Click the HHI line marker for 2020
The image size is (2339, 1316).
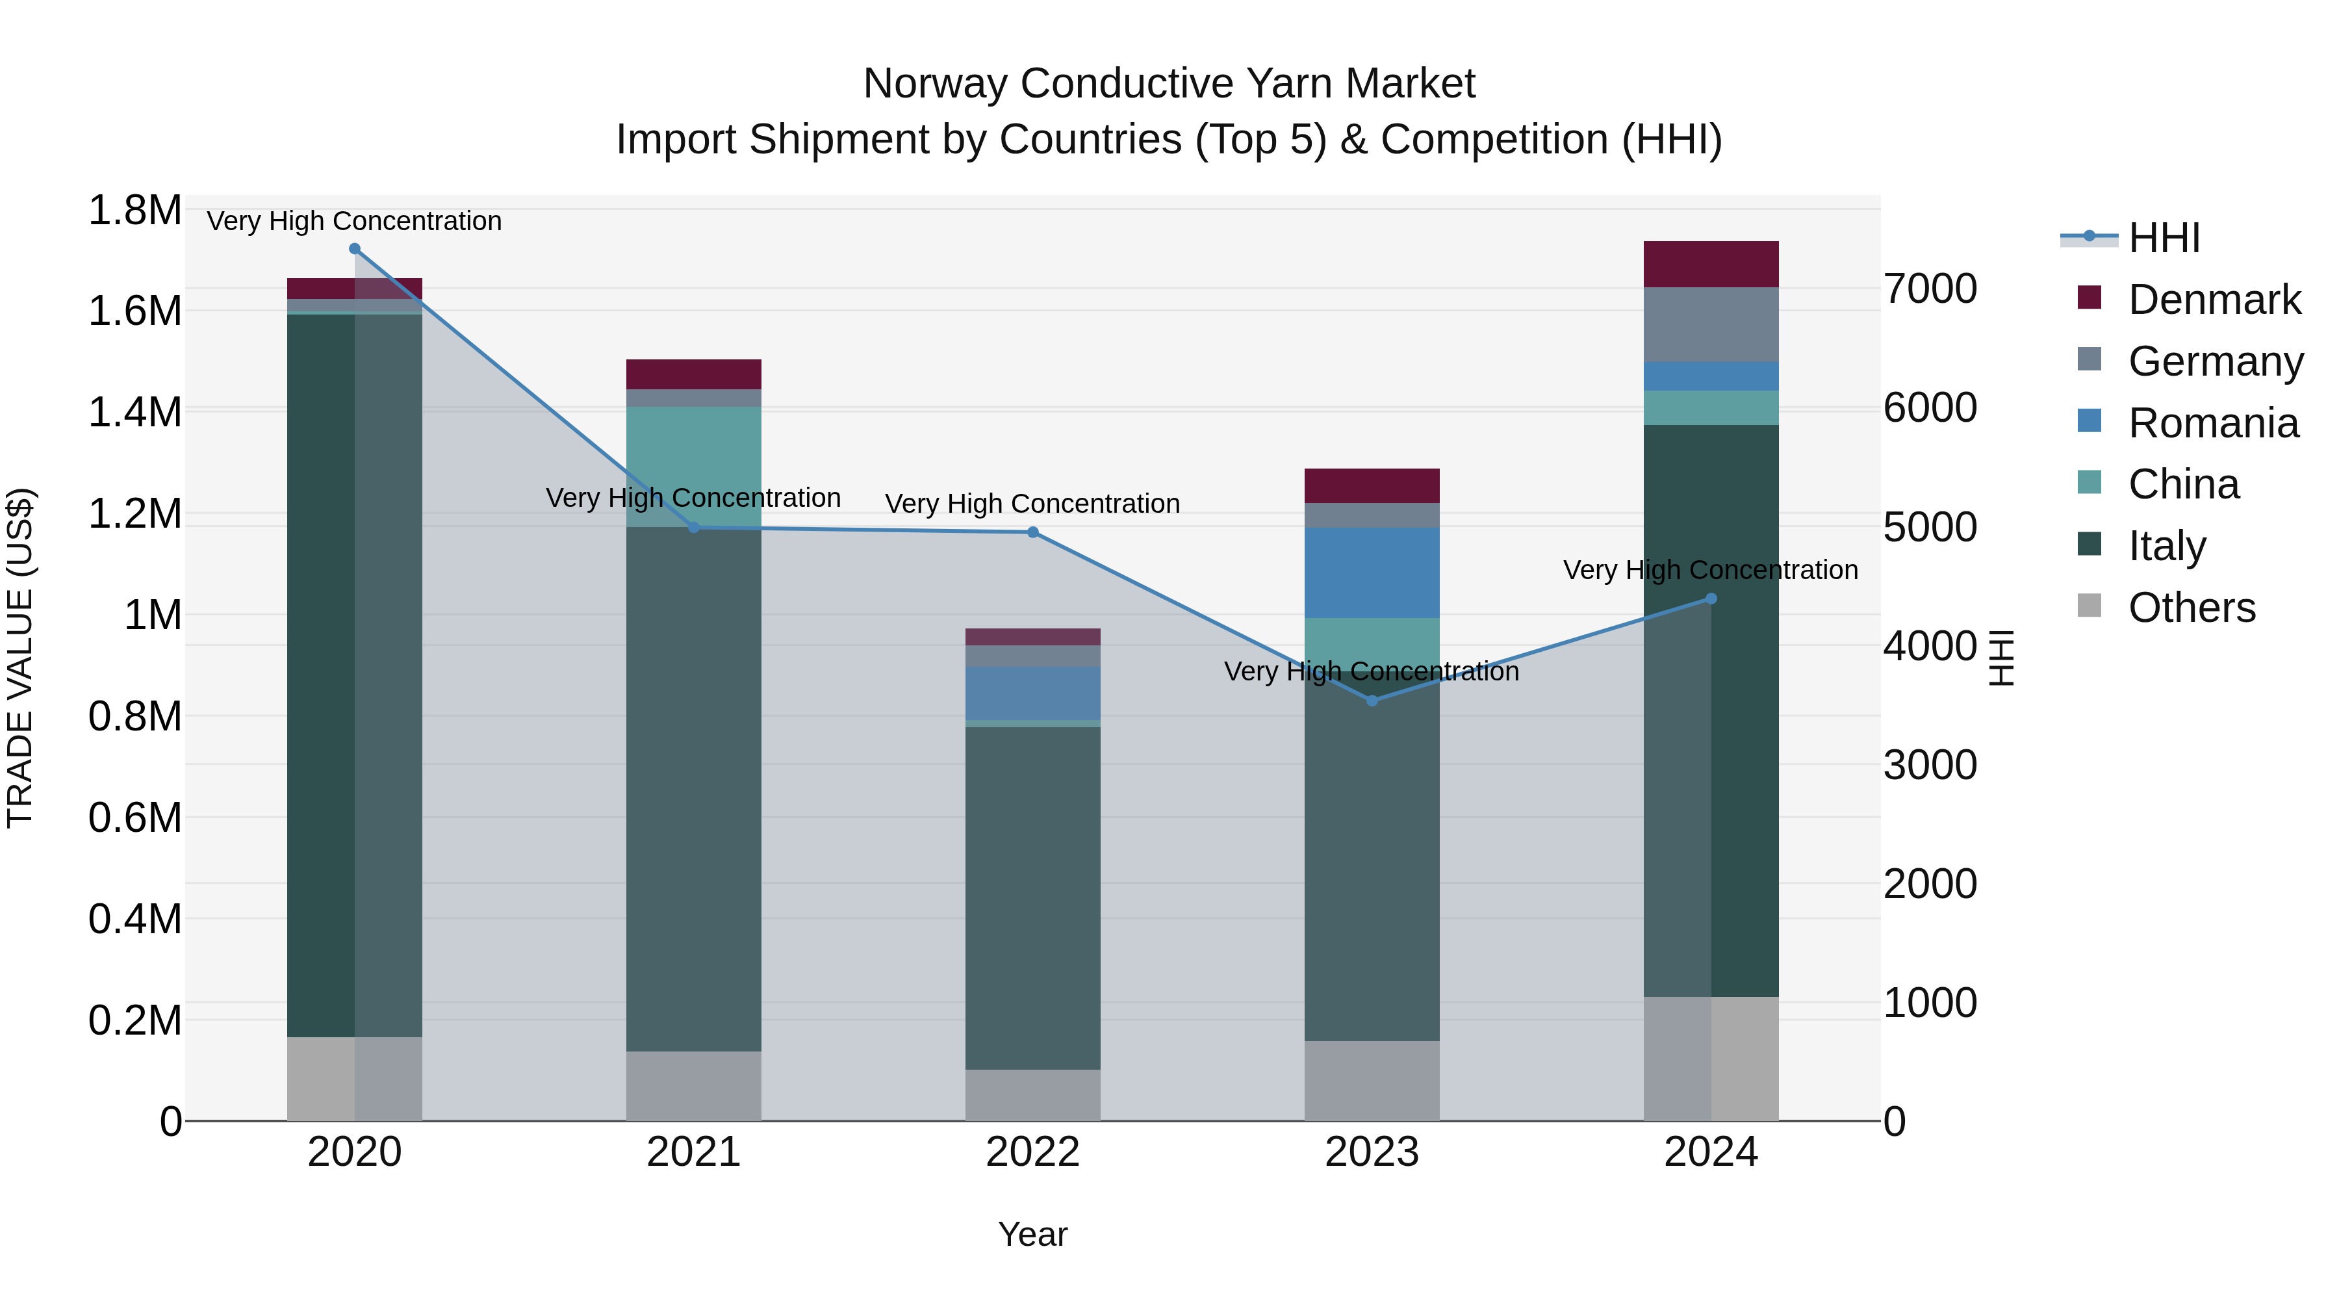pos(355,249)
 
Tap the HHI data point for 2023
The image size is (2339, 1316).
pos(1372,700)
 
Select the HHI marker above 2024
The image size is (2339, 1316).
pos(1711,599)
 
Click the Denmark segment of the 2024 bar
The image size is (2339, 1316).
pos(1711,264)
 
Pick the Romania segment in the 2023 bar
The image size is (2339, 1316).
pos(1372,572)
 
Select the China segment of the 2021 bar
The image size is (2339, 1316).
pos(694,467)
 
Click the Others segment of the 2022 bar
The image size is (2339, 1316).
pos(1032,1094)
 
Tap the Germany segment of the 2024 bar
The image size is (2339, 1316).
pos(1711,324)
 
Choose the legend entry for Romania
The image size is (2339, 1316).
pos(2213,423)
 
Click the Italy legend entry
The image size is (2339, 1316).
pos(2166,546)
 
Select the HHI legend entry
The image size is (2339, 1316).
pos(2163,238)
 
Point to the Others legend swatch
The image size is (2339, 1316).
pos(2090,606)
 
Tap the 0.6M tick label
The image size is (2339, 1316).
pos(134,818)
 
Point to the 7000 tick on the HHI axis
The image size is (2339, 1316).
pos(1930,289)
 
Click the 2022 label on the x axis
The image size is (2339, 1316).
pos(1032,1152)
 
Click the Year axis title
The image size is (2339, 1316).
pos(1032,1234)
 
